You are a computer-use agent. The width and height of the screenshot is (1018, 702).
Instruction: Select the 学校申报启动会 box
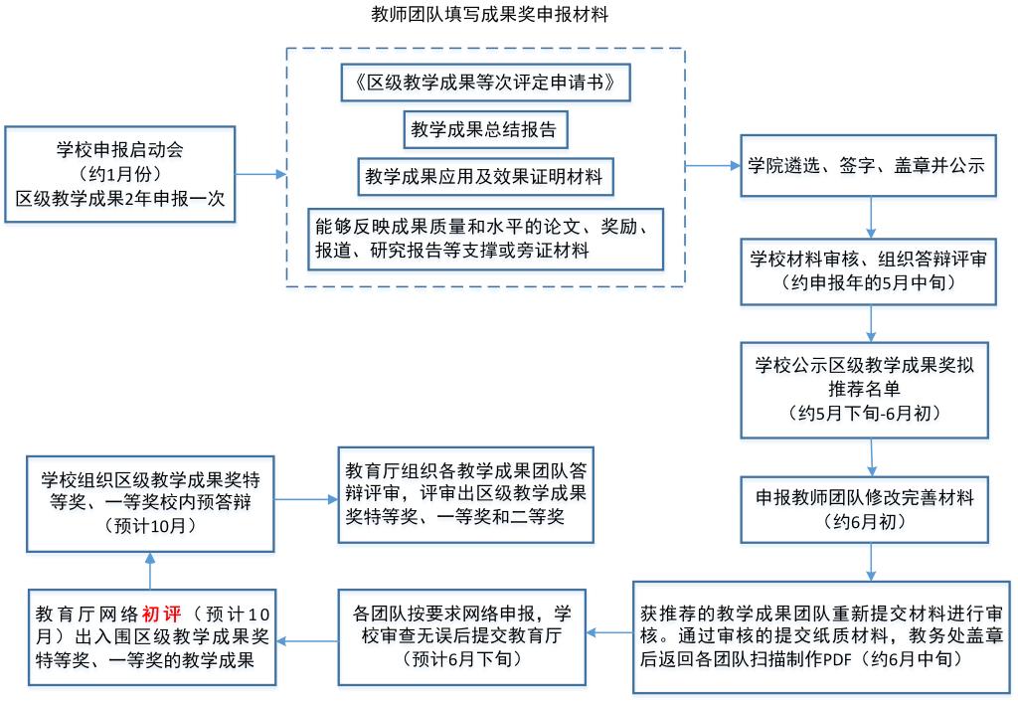point(120,175)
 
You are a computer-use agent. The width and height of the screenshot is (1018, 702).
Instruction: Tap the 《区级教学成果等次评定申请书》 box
point(485,84)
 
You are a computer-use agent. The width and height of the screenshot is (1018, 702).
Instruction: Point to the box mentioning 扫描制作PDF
point(822,635)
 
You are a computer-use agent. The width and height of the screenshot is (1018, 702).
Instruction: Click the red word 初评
point(163,612)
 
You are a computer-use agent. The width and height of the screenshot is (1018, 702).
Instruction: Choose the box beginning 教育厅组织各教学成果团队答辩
point(465,494)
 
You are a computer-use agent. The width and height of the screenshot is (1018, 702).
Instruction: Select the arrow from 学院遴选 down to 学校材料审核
point(872,214)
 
